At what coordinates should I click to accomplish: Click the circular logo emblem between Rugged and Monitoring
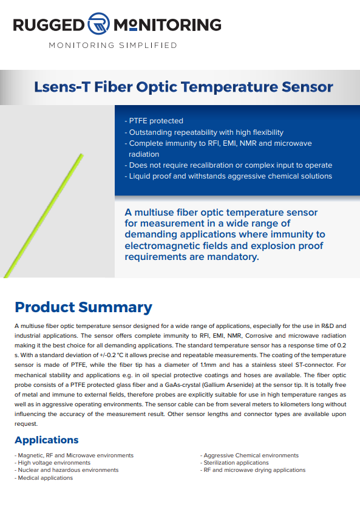pyautogui.click(x=98, y=24)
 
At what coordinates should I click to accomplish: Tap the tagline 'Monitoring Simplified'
pyautogui.click(x=113, y=45)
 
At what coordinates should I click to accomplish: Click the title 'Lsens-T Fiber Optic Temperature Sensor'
pyautogui.click(x=183, y=87)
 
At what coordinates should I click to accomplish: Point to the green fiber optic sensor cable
pyautogui.click(x=44, y=216)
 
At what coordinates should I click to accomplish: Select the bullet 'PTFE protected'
pyautogui.click(x=154, y=121)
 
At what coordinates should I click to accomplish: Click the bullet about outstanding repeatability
pyautogui.click(x=204, y=132)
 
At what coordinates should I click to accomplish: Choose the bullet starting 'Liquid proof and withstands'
pyautogui.click(x=228, y=176)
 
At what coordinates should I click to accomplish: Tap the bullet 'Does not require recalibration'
pyautogui.click(x=228, y=165)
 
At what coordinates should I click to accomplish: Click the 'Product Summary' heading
pyautogui.click(x=84, y=307)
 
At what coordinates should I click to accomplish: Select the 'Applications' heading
pyautogui.click(x=47, y=440)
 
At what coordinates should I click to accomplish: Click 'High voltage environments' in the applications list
pyautogui.click(x=53, y=463)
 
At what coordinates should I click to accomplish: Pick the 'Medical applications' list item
pyautogui.click(x=44, y=478)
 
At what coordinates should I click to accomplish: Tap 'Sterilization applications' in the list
pyautogui.click(x=234, y=463)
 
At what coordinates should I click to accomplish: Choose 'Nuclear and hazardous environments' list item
pyautogui.click(x=67, y=470)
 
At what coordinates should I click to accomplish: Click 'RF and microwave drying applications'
pyautogui.click(x=253, y=470)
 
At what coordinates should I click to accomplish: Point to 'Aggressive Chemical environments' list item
pyautogui.click(x=250, y=455)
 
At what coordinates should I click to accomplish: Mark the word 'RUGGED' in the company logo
pyautogui.click(x=49, y=25)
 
